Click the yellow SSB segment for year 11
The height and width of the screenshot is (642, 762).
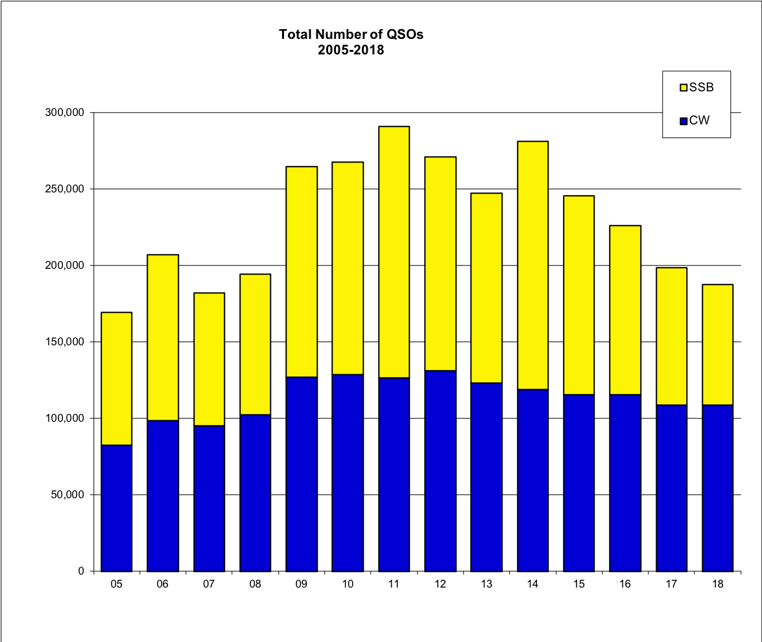click(394, 252)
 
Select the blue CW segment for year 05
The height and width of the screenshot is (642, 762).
click(117, 508)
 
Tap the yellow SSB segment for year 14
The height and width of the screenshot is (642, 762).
click(532, 265)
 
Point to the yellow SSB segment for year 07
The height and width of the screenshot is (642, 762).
click(209, 359)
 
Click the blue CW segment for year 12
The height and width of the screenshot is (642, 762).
click(440, 470)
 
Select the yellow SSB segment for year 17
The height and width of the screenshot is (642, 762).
click(671, 336)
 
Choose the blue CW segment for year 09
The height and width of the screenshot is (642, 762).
click(302, 474)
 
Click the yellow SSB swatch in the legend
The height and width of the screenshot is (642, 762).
click(683, 88)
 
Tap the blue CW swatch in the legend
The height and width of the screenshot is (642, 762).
click(683, 120)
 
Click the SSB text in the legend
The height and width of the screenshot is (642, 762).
click(701, 87)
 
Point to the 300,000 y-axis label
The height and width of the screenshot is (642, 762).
click(66, 113)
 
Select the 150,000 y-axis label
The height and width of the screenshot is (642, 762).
click(66, 342)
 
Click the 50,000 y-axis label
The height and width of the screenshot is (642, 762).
click(69, 495)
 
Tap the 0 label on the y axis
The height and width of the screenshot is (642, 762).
click(81, 571)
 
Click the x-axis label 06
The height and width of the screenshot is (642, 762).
click(163, 584)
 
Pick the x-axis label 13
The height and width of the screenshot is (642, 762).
click(486, 584)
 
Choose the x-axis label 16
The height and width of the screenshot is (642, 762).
click(625, 584)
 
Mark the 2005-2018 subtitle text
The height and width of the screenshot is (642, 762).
click(351, 50)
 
